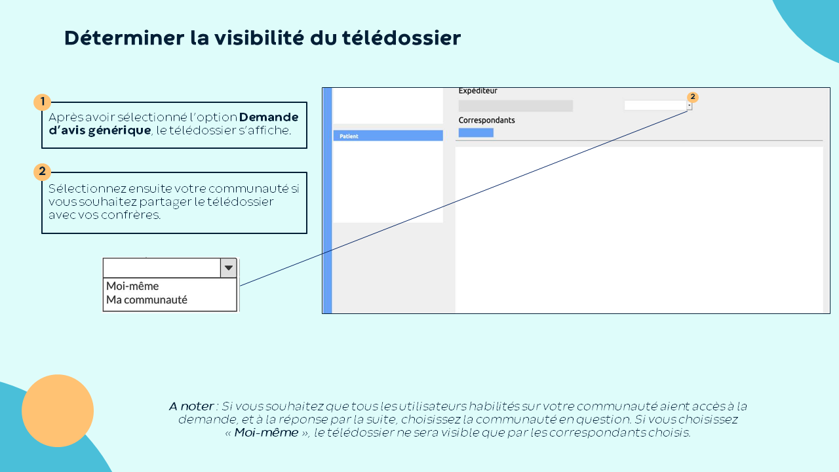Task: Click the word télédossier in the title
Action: tap(401, 38)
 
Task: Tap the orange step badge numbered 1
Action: tap(43, 102)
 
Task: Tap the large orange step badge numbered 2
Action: tap(43, 172)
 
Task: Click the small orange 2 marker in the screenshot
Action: tap(693, 97)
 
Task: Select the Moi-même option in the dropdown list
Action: tap(132, 286)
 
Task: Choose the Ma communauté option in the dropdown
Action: tap(146, 300)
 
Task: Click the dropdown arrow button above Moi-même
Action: tap(229, 268)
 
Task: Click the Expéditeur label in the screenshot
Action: tap(478, 90)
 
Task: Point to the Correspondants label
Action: tap(486, 120)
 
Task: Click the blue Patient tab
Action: tap(388, 136)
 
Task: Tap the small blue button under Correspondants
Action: tap(476, 132)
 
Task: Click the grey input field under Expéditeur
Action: tap(515, 106)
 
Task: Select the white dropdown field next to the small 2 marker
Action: tap(655, 106)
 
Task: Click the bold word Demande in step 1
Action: tap(269, 117)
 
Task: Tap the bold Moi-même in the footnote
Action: tap(266, 433)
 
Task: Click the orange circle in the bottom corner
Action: tap(58, 410)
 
